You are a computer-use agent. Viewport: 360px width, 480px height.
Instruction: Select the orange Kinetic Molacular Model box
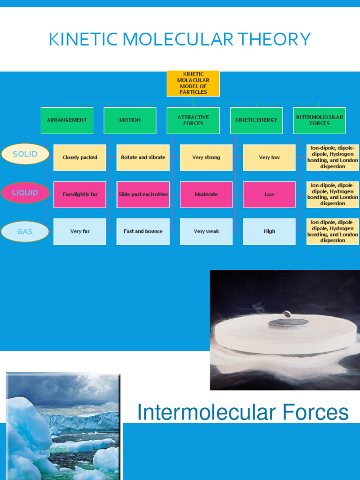click(x=193, y=83)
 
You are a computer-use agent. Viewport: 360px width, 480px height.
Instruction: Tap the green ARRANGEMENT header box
click(x=67, y=120)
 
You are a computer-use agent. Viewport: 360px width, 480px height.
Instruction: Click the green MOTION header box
click(x=130, y=120)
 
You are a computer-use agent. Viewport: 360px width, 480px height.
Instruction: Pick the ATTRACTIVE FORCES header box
click(x=193, y=120)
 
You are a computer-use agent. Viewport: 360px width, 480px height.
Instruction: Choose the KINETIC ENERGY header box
click(x=256, y=120)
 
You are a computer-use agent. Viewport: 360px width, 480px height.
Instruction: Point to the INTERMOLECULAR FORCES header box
click(x=319, y=120)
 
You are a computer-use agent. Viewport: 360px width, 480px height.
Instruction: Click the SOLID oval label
click(x=25, y=154)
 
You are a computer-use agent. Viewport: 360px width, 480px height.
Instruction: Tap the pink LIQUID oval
click(x=25, y=193)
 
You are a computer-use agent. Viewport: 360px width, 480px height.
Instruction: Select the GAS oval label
click(x=25, y=232)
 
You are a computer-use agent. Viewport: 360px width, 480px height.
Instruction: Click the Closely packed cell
click(x=80, y=157)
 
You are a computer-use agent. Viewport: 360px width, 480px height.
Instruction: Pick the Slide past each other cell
click(x=143, y=195)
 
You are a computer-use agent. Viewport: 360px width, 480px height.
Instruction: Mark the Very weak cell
click(x=206, y=232)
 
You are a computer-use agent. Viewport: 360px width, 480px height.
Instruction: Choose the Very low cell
click(x=269, y=157)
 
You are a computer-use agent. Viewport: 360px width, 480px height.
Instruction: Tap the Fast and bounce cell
click(x=143, y=232)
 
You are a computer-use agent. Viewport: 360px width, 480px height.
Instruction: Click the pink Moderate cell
click(x=206, y=195)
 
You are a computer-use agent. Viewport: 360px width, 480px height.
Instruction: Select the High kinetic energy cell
click(x=269, y=232)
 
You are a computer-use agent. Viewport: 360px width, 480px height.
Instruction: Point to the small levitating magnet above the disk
click(x=286, y=314)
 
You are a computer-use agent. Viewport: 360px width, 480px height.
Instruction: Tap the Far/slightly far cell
click(x=80, y=195)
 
